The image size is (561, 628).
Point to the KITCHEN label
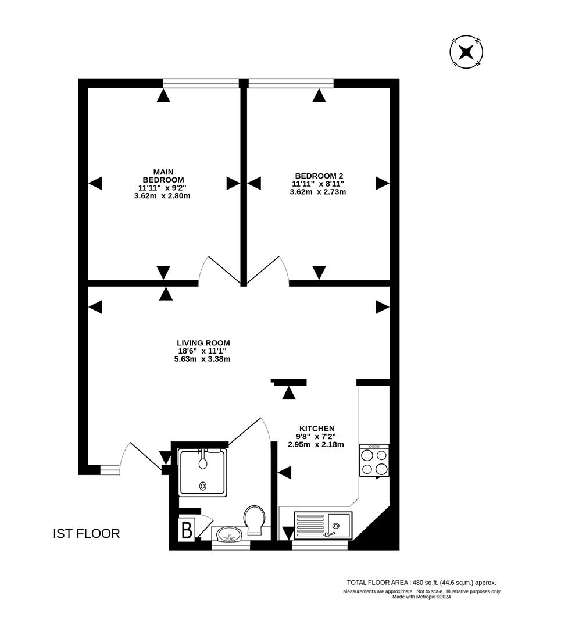[x=317, y=428]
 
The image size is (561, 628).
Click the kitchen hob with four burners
[x=374, y=461]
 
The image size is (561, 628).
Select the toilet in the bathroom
[x=254, y=519]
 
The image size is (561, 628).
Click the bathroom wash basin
[x=231, y=534]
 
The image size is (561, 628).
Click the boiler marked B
[x=187, y=531]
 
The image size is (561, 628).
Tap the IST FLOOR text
[x=86, y=534]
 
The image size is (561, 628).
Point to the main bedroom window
[x=201, y=83]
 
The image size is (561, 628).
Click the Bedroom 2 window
[x=291, y=83]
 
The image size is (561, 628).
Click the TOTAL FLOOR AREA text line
[x=421, y=582]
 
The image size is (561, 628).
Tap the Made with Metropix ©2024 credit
[x=421, y=597]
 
